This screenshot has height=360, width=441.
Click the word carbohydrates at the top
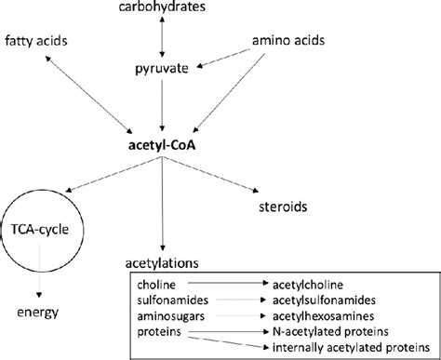click(164, 8)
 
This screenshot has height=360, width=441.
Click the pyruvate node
click(164, 69)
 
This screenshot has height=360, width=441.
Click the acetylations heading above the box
click(164, 263)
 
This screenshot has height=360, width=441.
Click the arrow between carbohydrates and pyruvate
click(164, 38)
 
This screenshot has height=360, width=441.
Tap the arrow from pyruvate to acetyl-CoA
click(164, 107)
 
